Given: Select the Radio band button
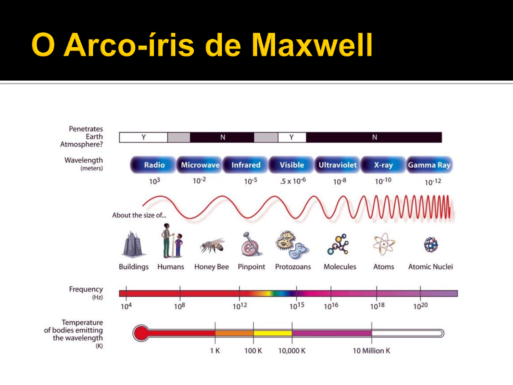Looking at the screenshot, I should [154, 165].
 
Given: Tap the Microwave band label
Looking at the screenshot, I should [200, 165].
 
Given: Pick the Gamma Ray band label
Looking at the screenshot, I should [429, 165].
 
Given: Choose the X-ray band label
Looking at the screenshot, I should [383, 165].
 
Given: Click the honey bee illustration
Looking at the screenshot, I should [212, 246].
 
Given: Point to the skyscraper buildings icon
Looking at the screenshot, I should [133, 245].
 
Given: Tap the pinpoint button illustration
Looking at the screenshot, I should [250, 245].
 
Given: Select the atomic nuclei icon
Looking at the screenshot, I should [431, 245].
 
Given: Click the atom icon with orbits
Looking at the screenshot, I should [383, 244].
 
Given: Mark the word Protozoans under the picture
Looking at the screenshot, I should [293, 267].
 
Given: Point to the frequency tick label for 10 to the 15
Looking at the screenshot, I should [297, 306].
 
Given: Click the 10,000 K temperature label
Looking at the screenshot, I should [292, 351].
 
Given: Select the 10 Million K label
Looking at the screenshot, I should [371, 351].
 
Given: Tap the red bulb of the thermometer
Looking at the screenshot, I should [141, 333].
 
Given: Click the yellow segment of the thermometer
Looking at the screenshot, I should [273, 333].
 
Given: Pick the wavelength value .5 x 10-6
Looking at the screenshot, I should [293, 181].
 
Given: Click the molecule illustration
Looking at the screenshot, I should [339, 245].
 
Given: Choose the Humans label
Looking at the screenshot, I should [171, 267].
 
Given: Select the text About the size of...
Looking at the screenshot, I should [139, 215].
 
